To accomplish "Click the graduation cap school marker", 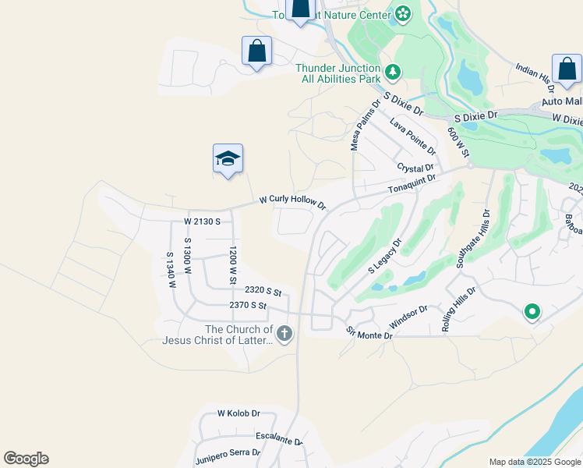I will pyautogui.click(x=228, y=159).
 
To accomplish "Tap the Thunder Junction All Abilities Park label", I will pyautogui.click(x=338, y=73).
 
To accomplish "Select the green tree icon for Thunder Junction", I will pyautogui.click(x=393, y=73).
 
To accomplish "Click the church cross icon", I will pyautogui.click(x=284, y=335).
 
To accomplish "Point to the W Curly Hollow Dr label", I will pyautogui.click(x=292, y=201).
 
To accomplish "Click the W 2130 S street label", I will pyautogui.click(x=203, y=222).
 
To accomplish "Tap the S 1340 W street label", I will pyautogui.click(x=169, y=270).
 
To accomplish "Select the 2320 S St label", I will pyautogui.click(x=262, y=290).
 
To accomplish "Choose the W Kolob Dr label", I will pyautogui.click(x=238, y=413).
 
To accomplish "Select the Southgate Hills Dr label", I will pyautogui.click(x=472, y=239).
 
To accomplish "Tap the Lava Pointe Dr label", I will pyautogui.click(x=412, y=136).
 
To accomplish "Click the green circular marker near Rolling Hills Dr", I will pyautogui.click(x=532, y=313).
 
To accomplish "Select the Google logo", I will pyautogui.click(x=26, y=459).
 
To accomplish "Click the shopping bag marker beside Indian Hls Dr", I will pyautogui.click(x=566, y=70).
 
